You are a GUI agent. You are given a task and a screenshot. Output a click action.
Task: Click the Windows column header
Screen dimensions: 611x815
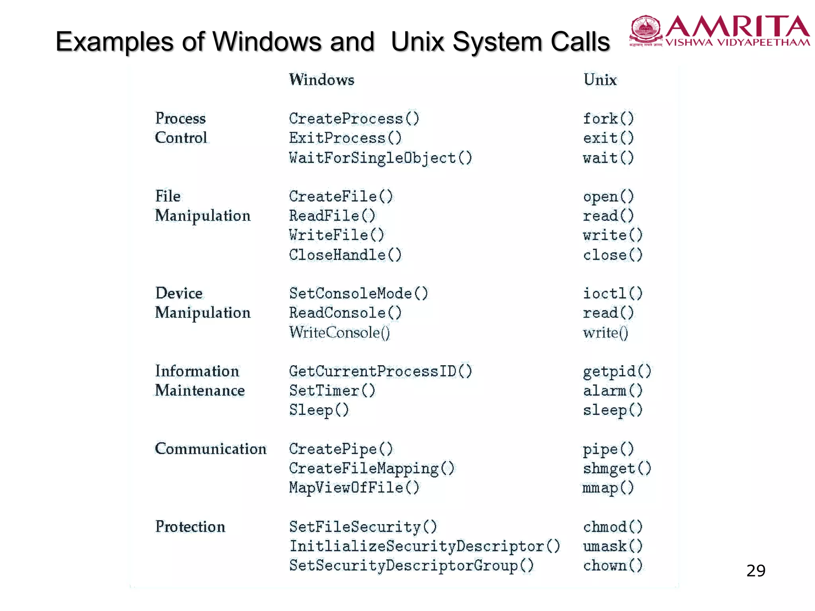pos(322,80)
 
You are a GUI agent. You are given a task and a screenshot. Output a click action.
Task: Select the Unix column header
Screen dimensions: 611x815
pos(600,80)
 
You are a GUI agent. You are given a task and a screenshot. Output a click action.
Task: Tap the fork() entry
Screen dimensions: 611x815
pos(608,119)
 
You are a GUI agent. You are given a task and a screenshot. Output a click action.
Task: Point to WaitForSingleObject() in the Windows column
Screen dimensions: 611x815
pos(380,158)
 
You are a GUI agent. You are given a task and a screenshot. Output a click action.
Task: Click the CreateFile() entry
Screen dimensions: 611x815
pos(341,197)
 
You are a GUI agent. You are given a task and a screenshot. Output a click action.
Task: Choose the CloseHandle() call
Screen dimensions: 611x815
pos(345,255)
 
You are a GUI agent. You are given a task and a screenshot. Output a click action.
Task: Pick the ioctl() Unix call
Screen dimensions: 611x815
pos(612,294)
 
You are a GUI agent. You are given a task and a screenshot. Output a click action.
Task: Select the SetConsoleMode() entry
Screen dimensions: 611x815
pos(359,294)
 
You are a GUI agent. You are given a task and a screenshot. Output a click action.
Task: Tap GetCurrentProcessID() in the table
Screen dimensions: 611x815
pos(380,371)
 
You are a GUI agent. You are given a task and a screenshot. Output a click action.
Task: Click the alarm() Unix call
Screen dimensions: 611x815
pos(612,391)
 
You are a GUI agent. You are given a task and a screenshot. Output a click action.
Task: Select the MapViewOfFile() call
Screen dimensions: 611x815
pos(354,488)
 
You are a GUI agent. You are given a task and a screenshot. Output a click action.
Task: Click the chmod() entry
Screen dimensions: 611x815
pos(612,527)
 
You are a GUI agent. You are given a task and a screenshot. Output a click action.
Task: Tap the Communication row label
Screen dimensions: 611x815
pos(211,449)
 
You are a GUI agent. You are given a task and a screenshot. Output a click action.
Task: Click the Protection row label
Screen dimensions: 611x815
pos(190,527)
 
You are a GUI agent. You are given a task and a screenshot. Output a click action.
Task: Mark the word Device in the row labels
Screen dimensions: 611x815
pos(179,293)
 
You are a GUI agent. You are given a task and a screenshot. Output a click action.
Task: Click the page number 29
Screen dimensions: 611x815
pos(756,571)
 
